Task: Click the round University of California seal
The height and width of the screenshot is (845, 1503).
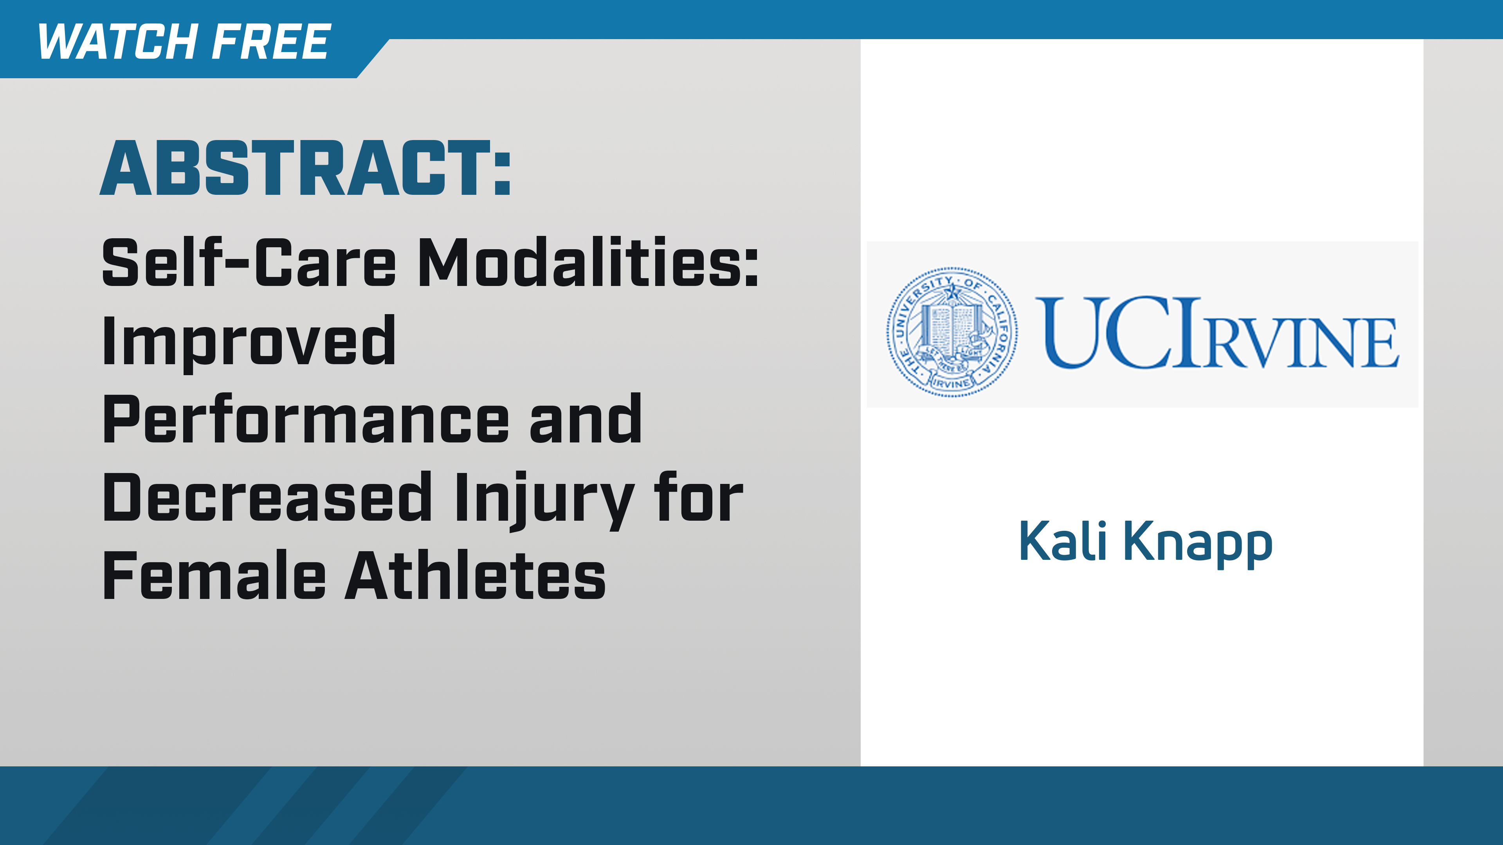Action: click(952, 332)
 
